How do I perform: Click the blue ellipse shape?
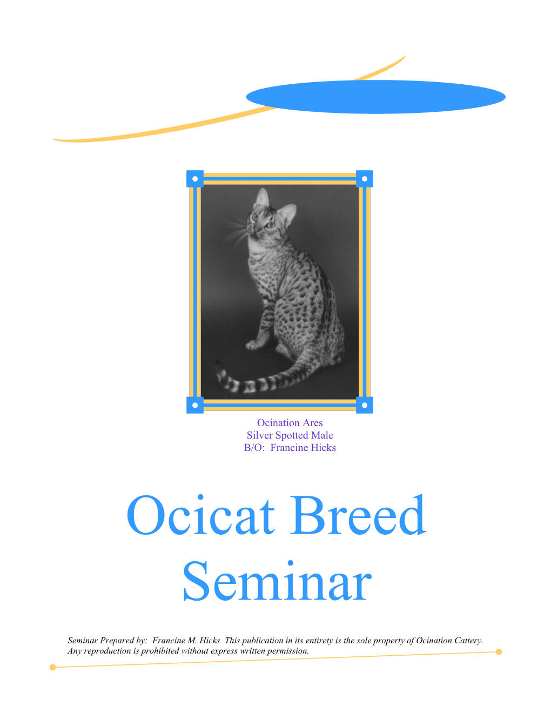click(x=375, y=97)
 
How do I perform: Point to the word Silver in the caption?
click(x=260, y=435)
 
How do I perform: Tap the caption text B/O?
click(x=254, y=448)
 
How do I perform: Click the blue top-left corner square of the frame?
click(x=195, y=179)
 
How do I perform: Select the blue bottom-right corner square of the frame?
click(x=364, y=405)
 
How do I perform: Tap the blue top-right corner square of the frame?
click(x=364, y=179)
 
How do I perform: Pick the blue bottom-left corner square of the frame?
click(x=195, y=405)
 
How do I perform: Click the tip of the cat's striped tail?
click(x=217, y=362)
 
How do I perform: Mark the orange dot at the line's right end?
click(x=499, y=651)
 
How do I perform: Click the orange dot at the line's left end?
click(x=52, y=668)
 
